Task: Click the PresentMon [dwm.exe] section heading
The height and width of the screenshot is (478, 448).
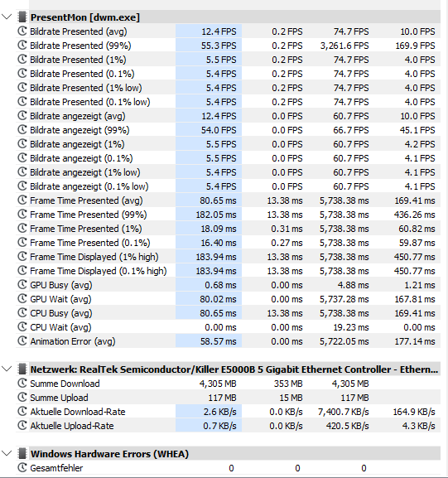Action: pos(85,17)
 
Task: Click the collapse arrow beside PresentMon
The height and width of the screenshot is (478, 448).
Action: pos(7,17)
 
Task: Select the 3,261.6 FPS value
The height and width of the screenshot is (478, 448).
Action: pos(344,46)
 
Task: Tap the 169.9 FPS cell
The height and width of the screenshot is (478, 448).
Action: pos(415,46)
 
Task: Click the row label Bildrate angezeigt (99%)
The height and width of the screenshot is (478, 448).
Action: pos(79,130)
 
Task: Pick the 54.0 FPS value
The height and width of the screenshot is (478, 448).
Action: pos(219,130)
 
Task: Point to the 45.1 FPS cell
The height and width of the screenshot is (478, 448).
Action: pos(417,130)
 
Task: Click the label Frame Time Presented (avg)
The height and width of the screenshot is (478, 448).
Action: pos(86,200)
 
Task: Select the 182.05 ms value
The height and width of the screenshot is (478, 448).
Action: pos(216,215)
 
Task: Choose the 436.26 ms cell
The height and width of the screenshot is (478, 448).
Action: pos(415,215)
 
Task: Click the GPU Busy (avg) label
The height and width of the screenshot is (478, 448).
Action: pos(61,285)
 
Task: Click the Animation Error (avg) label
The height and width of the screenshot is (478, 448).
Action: pos(73,341)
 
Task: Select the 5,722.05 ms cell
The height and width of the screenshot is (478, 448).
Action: pos(344,341)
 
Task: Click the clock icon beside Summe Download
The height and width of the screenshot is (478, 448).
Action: pos(22,384)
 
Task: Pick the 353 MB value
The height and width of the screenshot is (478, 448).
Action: pos(288,384)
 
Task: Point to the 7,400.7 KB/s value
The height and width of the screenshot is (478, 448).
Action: pos(343,412)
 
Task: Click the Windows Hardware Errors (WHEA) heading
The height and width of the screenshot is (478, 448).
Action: pos(109,454)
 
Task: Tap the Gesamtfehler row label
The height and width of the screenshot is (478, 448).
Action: pos(56,468)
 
